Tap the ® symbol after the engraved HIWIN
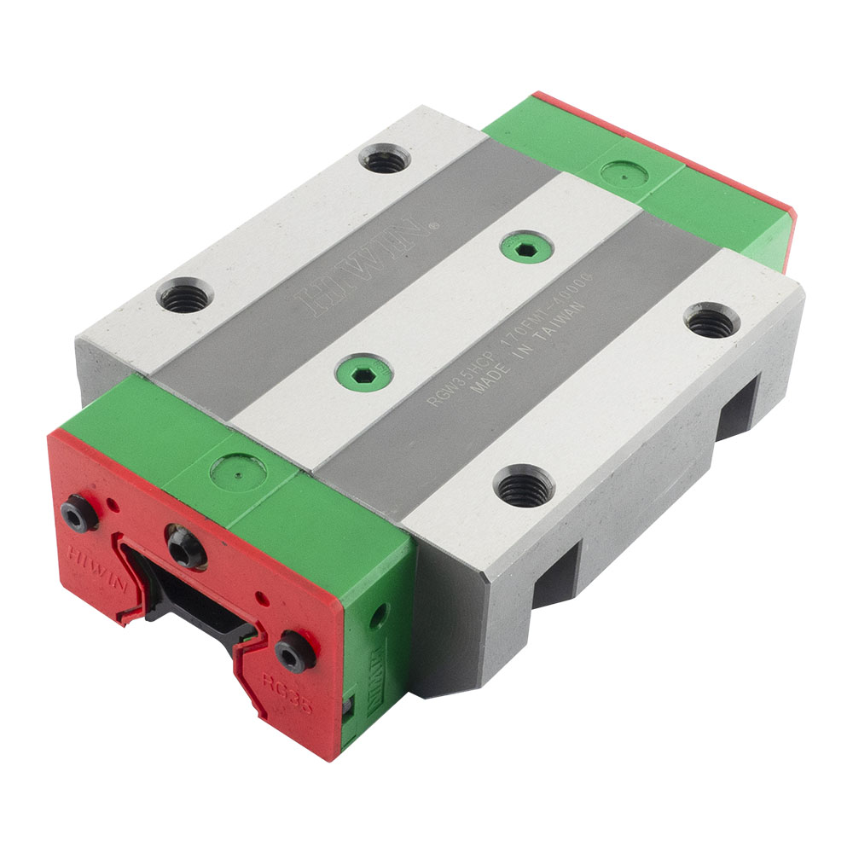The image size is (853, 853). click(x=434, y=225)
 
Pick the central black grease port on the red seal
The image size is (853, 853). click(x=185, y=547)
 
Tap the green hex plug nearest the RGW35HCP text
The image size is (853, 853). click(x=363, y=374)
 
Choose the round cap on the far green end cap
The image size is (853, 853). click(x=624, y=173)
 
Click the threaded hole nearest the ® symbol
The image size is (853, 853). click(x=385, y=159)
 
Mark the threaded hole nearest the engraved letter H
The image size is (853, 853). click(x=184, y=297)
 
